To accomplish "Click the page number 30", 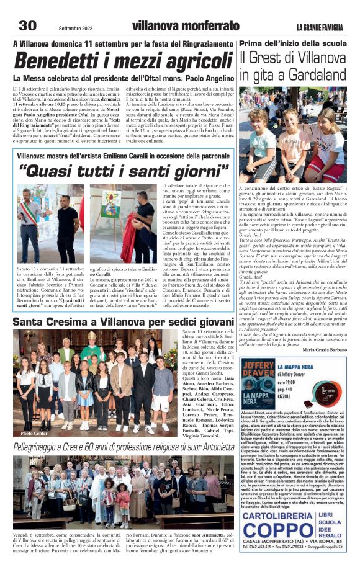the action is click(28, 25).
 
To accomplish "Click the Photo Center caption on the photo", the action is click(34, 434).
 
